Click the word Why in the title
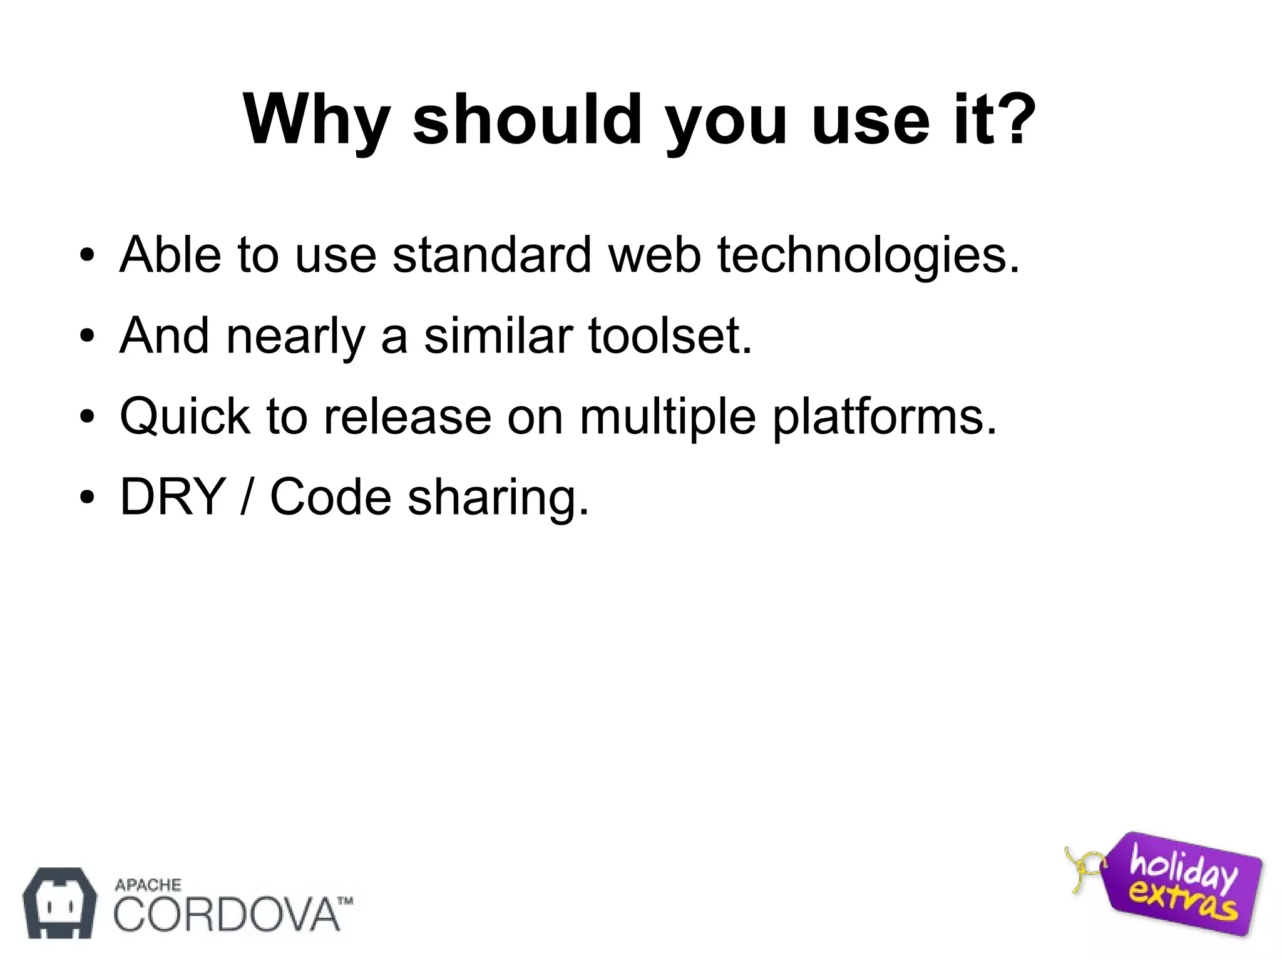coord(317,120)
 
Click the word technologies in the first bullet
coord(868,256)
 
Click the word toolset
coord(670,336)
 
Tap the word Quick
coord(185,417)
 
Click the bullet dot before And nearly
coord(87,336)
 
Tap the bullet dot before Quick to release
coord(87,417)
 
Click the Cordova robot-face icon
coord(59,902)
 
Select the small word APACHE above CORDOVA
coord(148,885)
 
